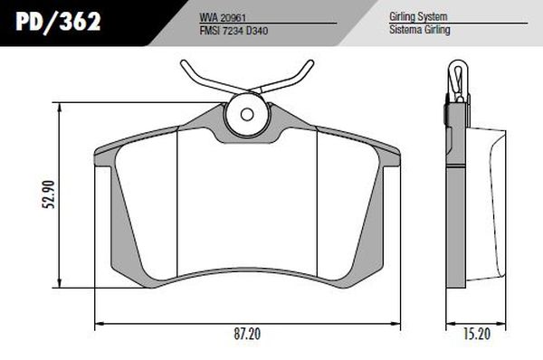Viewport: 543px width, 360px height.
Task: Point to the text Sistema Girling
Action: (x=420, y=29)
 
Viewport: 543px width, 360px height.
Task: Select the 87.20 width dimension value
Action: (x=247, y=335)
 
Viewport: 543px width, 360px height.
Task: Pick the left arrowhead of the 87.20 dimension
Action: (x=100, y=323)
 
